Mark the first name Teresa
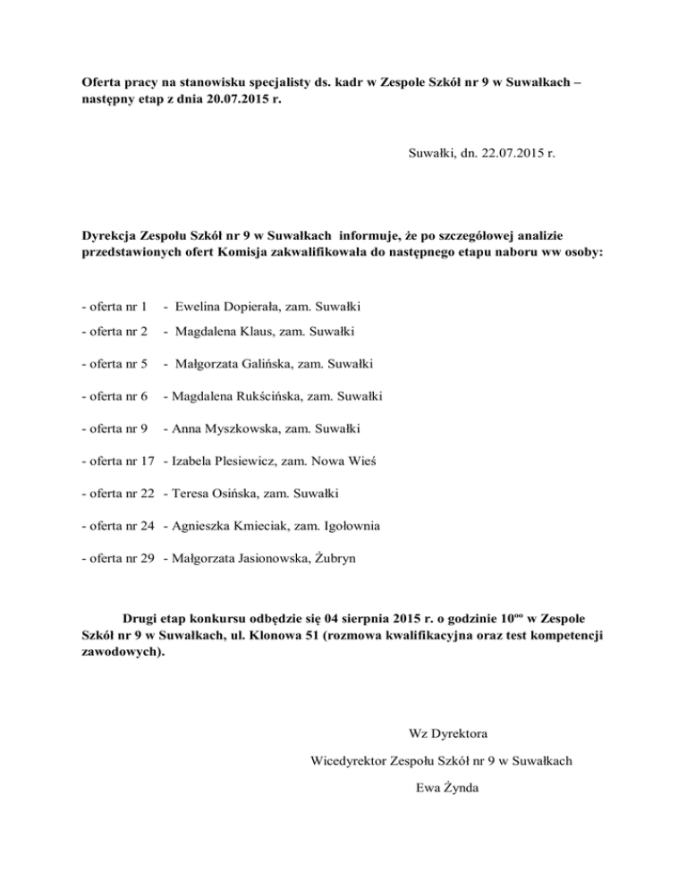pos(191,494)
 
